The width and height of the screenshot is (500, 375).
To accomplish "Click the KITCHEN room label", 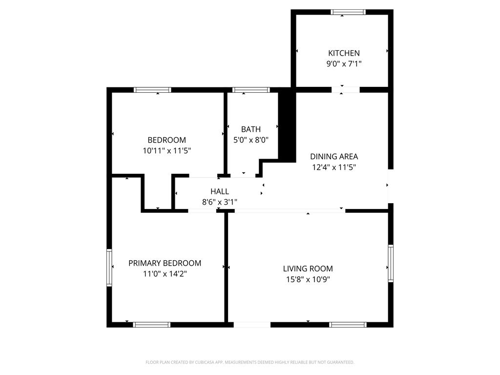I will tap(344, 53).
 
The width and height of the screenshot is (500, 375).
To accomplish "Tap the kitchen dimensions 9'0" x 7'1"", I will tap(344, 64).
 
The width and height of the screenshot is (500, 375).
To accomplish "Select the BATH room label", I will tap(251, 129).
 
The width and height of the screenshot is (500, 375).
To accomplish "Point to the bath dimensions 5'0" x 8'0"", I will tap(251, 140).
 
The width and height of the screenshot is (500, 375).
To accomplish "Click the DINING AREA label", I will tap(334, 157).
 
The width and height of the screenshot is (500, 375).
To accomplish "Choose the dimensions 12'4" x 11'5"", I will tap(334, 167).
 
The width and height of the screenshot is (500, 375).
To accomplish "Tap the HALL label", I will tap(220, 191).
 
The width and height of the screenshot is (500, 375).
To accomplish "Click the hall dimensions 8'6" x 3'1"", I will tap(220, 202).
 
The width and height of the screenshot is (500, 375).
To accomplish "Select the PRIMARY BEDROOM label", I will tap(165, 263).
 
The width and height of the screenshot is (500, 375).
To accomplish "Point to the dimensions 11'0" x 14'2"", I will tap(165, 274).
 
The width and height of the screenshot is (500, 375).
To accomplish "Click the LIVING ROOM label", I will tap(308, 269).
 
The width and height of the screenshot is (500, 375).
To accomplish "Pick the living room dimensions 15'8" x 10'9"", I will tap(308, 279).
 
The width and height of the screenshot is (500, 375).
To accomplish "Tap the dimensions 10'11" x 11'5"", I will tap(167, 151).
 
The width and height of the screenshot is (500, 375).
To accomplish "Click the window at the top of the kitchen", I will tap(348, 12).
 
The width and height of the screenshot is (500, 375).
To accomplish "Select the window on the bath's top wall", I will tap(251, 90).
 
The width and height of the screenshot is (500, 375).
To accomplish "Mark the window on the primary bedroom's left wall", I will tap(109, 267).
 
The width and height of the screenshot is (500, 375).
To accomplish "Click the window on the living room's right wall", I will tap(391, 263).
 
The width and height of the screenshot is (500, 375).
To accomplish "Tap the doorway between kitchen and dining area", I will tap(345, 90).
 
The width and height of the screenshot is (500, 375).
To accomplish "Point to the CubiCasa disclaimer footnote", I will tap(250, 362).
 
